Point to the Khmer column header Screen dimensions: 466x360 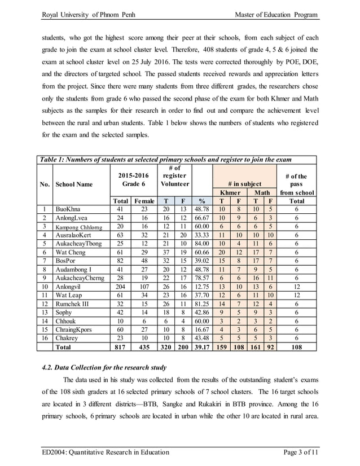coord(229,192)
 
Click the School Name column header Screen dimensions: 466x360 coord(73,184)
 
